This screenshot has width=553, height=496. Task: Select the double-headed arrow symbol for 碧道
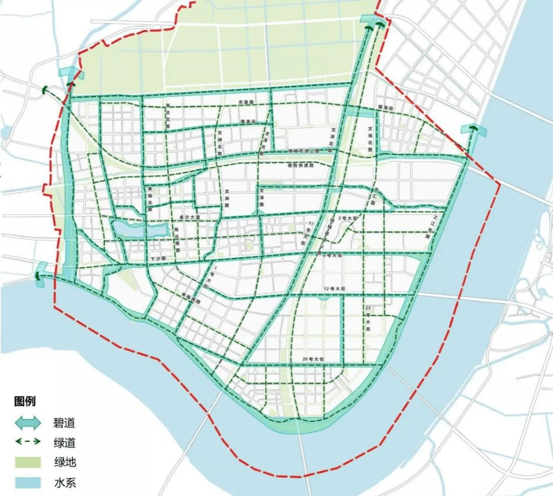click(x=27, y=422)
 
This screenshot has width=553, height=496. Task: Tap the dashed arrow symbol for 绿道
click(x=27, y=442)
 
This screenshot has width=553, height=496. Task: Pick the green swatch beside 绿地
click(x=27, y=462)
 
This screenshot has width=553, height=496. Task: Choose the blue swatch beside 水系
click(x=27, y=482)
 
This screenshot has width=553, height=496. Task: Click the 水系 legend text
click(x=64, y=482)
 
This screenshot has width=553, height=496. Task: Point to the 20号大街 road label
click(x=313, y=358)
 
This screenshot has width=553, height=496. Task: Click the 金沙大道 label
click(x=189, y=217)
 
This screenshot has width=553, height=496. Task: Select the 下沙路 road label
click(x=157, y=258)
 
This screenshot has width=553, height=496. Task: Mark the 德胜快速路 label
click(x=300, y=166)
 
